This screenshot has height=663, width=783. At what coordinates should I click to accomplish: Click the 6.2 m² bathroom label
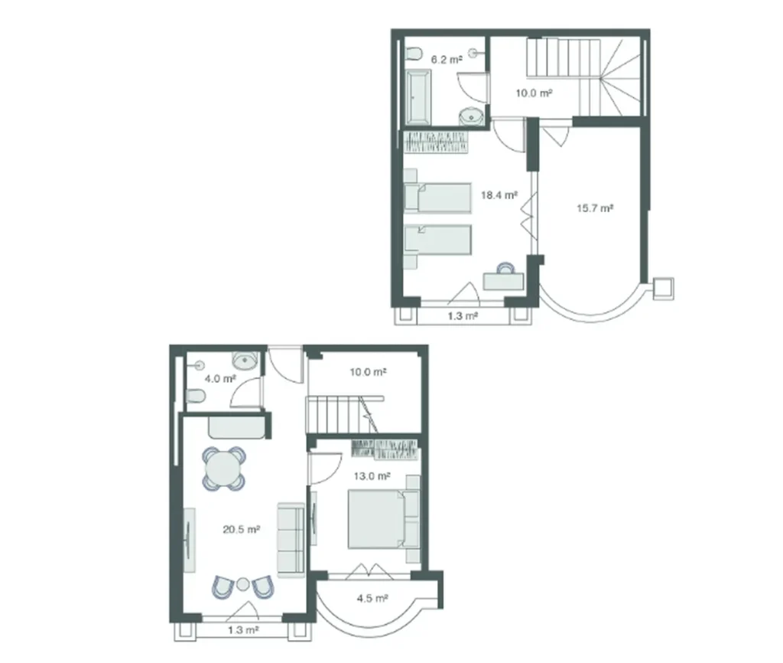click(447, 58)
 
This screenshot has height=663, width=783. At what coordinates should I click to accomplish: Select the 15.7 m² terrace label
click(595, 208)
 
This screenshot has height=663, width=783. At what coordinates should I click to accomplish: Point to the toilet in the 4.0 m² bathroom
click(194, 396)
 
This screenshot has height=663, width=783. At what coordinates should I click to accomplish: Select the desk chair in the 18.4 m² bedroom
click(505, 269)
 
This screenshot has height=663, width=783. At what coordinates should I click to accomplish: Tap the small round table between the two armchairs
click(242, 584)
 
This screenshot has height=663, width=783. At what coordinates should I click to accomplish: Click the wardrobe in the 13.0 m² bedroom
click(385, 449)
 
